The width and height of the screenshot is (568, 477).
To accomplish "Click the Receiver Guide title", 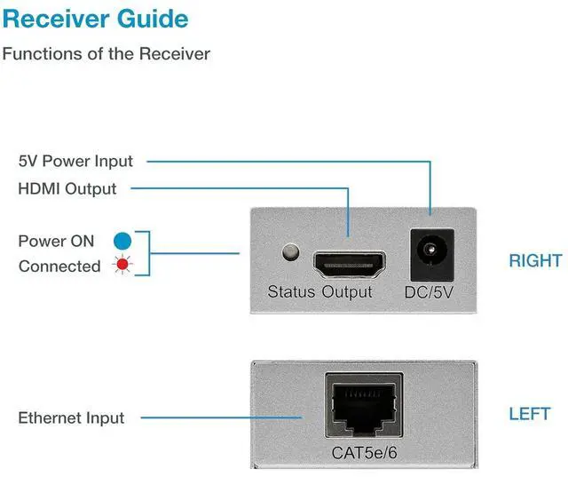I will coord(96,19).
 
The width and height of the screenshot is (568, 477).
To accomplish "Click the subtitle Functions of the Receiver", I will coord(106,53).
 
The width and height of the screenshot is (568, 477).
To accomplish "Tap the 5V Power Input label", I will coord(75,161).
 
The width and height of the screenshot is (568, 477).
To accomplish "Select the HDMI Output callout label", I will coord(67,188).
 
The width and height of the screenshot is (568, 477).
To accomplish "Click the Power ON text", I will coord(56,241).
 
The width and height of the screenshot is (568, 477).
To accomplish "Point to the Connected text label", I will coord(59,266).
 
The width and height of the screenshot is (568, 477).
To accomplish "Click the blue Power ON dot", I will coord(122,241).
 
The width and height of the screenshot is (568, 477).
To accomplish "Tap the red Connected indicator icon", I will coord(122,266).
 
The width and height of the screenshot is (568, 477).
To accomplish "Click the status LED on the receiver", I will coord(288,253).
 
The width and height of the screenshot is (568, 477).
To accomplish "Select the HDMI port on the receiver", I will coord(348,264).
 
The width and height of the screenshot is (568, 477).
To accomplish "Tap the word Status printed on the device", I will coord(291,291).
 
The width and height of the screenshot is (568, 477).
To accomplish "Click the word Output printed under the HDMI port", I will coord(347,291).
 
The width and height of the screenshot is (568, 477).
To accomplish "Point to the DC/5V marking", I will coord(430,291).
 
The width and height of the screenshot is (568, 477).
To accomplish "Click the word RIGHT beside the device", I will coord(535,260).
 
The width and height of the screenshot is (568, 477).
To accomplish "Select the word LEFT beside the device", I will coord(530,414).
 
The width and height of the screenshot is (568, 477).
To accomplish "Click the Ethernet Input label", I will coord(71,417).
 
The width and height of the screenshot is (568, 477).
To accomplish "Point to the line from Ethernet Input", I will coord(222,417).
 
